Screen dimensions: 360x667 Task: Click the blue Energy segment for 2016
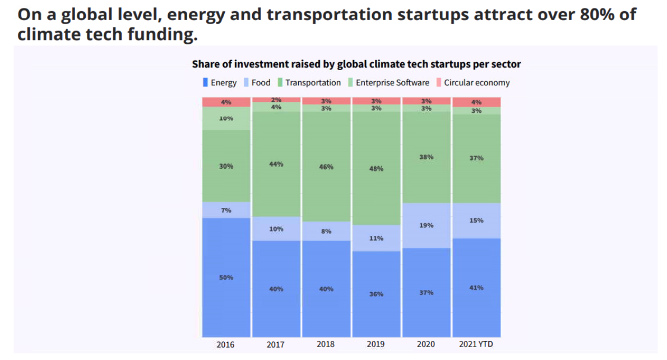(x=226, y=278)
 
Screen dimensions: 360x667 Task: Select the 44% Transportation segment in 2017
(x=276, y=164)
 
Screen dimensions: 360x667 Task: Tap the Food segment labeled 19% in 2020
(x=426, y=225)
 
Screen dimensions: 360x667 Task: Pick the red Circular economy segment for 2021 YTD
(x=476, y=102)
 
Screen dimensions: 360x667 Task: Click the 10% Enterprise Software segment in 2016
(x=226, y=118)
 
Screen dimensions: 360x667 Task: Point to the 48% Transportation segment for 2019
(x=376, y=168)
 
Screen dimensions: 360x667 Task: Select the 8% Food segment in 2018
(x=326, y=231)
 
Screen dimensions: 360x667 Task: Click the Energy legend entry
(x=220, y=82)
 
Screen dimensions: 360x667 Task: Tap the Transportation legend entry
(x=309, y=82)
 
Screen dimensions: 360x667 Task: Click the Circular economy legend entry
(x=473, y=82)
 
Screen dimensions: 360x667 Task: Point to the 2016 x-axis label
(x=226, y=344)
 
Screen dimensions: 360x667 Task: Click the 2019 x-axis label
(x=376, y=344)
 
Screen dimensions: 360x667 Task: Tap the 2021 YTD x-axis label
(x=476, y=344)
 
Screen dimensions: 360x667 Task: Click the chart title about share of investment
(x=356, y=64)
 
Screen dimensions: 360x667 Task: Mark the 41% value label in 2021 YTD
(x=476, y=288)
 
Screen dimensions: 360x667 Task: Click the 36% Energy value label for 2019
(x=376, y=294)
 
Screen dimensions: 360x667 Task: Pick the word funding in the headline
(x=157, y=35)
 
